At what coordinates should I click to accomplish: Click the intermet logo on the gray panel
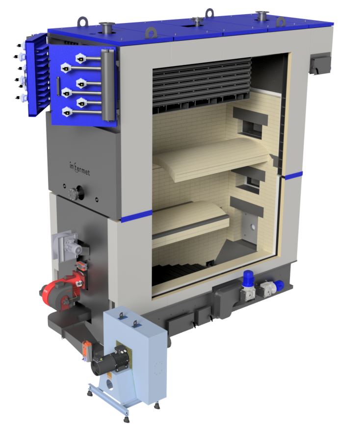click(79, 168)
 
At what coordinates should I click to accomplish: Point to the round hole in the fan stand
click(109, 385)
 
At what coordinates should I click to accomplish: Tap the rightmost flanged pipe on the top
click(262, 16)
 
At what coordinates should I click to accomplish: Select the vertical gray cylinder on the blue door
click(108, 85)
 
